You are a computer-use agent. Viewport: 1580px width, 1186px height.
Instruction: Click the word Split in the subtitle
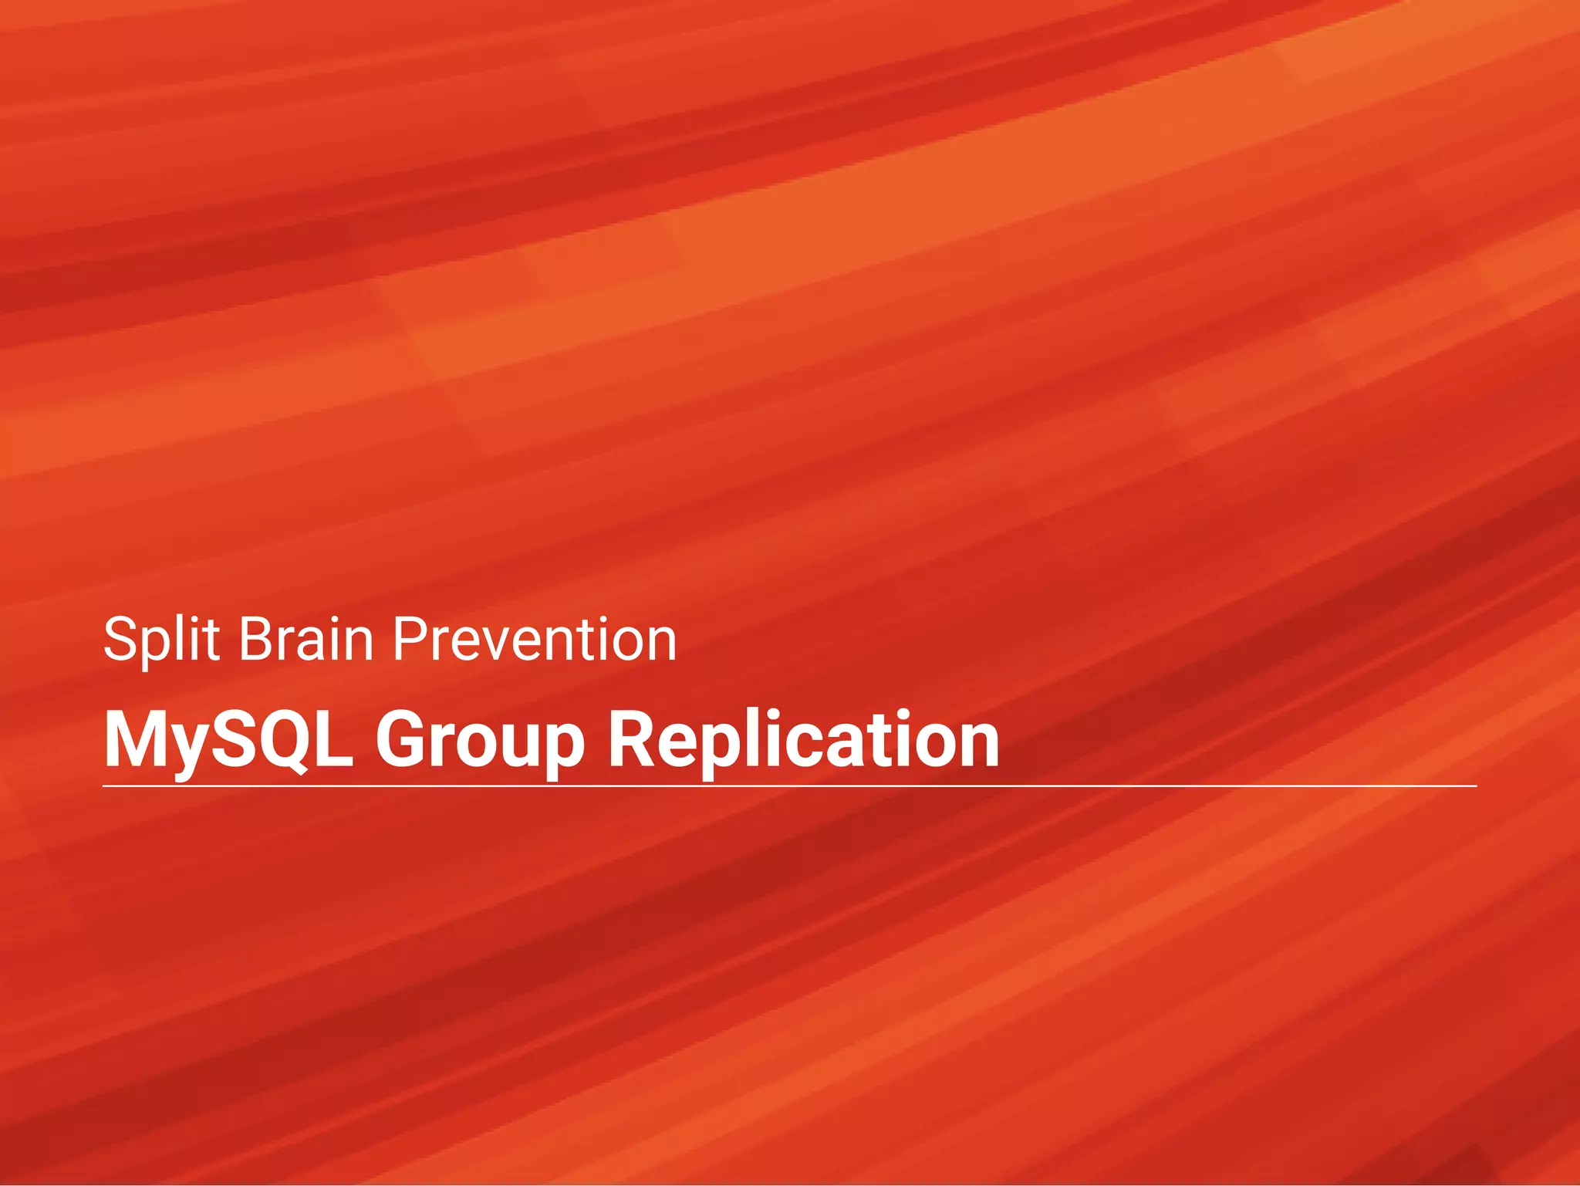[162, 640]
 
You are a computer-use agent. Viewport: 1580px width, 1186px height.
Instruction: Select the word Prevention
[535, 640]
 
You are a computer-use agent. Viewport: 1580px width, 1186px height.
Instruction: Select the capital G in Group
[403, 739]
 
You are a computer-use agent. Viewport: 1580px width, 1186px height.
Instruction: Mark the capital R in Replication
[632, 739]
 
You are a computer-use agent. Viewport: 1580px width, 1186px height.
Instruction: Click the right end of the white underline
[1475, 786]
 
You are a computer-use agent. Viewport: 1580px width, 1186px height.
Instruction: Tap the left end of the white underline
[105, 786]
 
